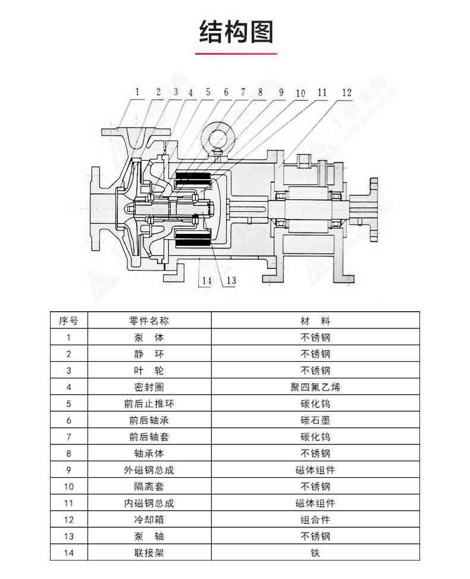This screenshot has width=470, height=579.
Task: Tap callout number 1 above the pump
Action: tap(137, 92)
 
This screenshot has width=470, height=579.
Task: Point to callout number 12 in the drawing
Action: tap(347, 92)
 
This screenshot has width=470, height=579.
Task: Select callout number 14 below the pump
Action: tap(206, 280)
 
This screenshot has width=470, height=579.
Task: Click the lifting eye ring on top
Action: tap(218, 136)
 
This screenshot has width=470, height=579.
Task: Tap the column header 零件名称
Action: tap(149, 321)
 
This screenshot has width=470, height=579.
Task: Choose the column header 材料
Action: tap(315, 321)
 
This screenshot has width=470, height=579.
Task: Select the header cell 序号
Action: tap(68, 321)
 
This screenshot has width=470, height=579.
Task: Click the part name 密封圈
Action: tap(149, 387)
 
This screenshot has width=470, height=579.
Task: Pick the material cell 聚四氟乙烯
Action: tap(315, 387)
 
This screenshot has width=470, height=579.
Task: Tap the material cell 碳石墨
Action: tap(315, 420)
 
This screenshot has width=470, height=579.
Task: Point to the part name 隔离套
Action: tap(149, 486)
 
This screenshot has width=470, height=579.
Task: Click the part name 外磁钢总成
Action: tap(149, 470)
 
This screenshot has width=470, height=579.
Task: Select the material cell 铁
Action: tap(315, 553)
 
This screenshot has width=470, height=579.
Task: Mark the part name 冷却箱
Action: tap(149, 519)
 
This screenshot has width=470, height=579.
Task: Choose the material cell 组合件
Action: tap(315, 519)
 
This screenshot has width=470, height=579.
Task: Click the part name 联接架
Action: tap(149, 553)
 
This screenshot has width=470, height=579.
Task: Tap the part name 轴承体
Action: tap(149, 453)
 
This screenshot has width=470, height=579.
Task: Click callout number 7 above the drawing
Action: tap(243, 92)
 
